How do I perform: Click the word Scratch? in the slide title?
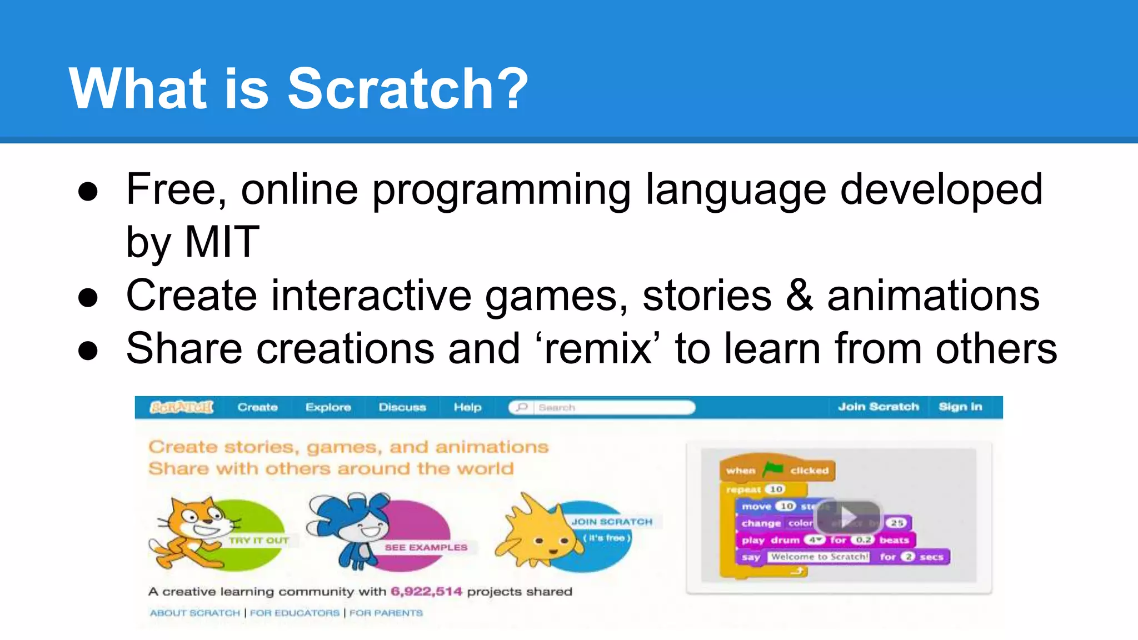coord(407,89)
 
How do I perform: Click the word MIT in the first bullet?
coord(221,242)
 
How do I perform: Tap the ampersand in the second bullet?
coord(799,296)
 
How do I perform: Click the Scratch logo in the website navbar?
coord(181,407)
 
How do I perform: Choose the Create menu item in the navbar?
coord(257,407)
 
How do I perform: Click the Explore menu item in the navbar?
coord(328,407)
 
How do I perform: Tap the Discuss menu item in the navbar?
coord(402,407)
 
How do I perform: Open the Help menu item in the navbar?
coord(467,407)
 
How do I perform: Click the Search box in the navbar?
coord(611,407)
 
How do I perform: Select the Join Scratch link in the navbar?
coord(878,407)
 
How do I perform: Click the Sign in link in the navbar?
coord(960,407)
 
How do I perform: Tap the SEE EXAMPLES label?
coord(426,547)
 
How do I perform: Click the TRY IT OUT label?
coord(258,540)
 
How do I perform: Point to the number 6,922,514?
coord(426,592)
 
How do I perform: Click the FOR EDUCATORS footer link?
coord(295,613)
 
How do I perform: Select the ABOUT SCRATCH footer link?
coord(195,613)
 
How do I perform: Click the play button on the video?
coord(847,517)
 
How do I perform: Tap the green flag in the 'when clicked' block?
coord(773,469)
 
